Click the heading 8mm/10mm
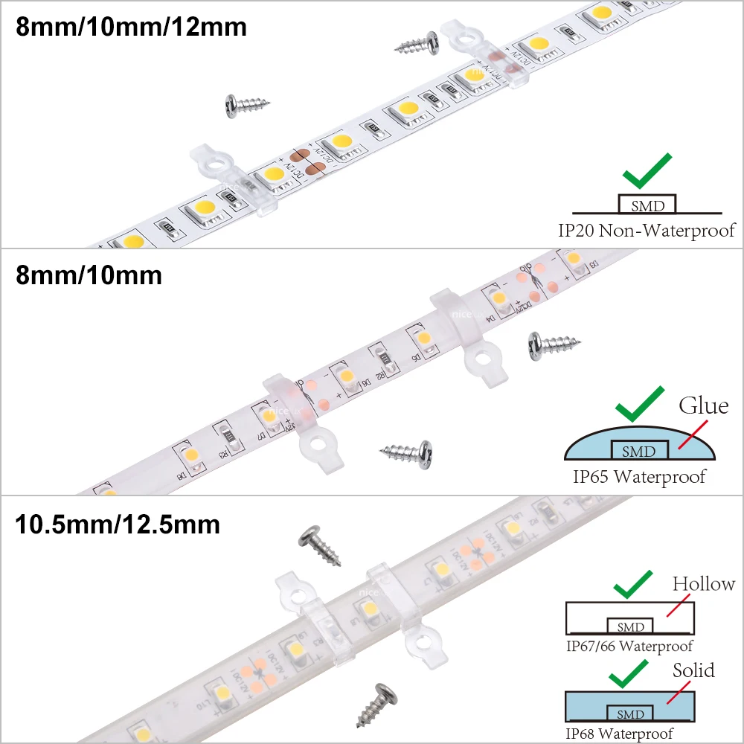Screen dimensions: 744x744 (x=89, y=275)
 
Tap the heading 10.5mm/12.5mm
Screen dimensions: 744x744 (x=118, y=524)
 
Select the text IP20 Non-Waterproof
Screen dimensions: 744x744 (x=646, y=230)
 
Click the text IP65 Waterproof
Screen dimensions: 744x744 (x=638, y=476)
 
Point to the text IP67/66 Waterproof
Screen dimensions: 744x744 (x=629, y=646)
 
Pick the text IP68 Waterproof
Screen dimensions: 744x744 (x=620, y=733)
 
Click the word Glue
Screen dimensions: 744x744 (x=703, y=406)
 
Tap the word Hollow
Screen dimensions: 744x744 (x=703, y=584)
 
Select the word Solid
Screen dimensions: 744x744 (x=693, y=670)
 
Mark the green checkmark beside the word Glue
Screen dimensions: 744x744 (x=638, y=405)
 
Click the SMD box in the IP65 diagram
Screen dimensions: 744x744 (x=638, y=451)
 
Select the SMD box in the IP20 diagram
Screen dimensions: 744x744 (x=646, y=205)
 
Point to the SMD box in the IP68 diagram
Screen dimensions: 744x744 (x=630, y=714)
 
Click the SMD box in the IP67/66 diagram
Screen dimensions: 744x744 (x=630, y=626)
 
